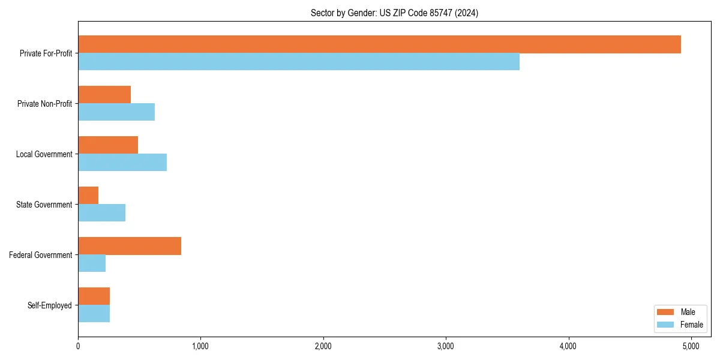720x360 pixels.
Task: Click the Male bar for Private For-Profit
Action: click(379, 44)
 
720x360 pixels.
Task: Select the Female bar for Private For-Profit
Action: click(299, 62)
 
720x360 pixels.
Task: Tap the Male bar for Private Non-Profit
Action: click(104, 95)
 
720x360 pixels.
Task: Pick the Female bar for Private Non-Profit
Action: click(116, 112)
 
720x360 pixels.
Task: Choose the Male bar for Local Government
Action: click(108, 145)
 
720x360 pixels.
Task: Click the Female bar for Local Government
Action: click(122, 163)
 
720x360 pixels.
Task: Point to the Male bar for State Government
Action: click(88, 196)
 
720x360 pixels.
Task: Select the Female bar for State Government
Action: click(101, 213)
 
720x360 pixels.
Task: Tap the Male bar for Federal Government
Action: click(130, 246)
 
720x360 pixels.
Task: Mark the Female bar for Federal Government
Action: click(92, 263)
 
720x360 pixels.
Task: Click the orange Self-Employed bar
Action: click(94, 296)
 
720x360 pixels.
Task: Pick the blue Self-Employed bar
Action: click(94, 314)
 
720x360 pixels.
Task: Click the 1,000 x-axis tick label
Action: click(200, 346)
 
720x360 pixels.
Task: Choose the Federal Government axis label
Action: click(41, 255)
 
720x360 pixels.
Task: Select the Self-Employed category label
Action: click(50, 305)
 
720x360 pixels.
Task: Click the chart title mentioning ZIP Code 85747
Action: click(394, 13)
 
